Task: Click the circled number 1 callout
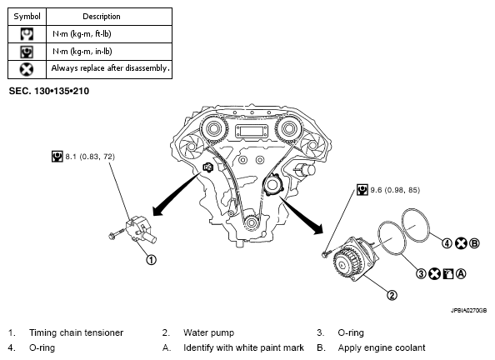point(151,260)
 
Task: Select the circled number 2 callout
point(392,295)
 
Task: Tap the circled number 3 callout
point(421,273)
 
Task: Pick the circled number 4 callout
point(447,243)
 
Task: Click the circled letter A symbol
point(461,273)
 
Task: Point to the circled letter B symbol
point(474,243)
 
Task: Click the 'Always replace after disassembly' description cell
point(109,69)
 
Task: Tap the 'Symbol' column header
point(27,17)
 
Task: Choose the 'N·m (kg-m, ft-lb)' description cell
point(109,34)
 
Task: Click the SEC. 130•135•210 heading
point(49,92)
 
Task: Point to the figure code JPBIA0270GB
point(468,311)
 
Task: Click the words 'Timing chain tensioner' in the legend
point(76,332)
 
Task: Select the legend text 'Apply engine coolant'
point(382,348)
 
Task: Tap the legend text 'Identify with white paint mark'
point(243,348)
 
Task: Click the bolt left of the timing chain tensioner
point(116,234)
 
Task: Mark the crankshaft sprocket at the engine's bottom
point(251,222)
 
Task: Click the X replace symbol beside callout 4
point(461,243)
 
